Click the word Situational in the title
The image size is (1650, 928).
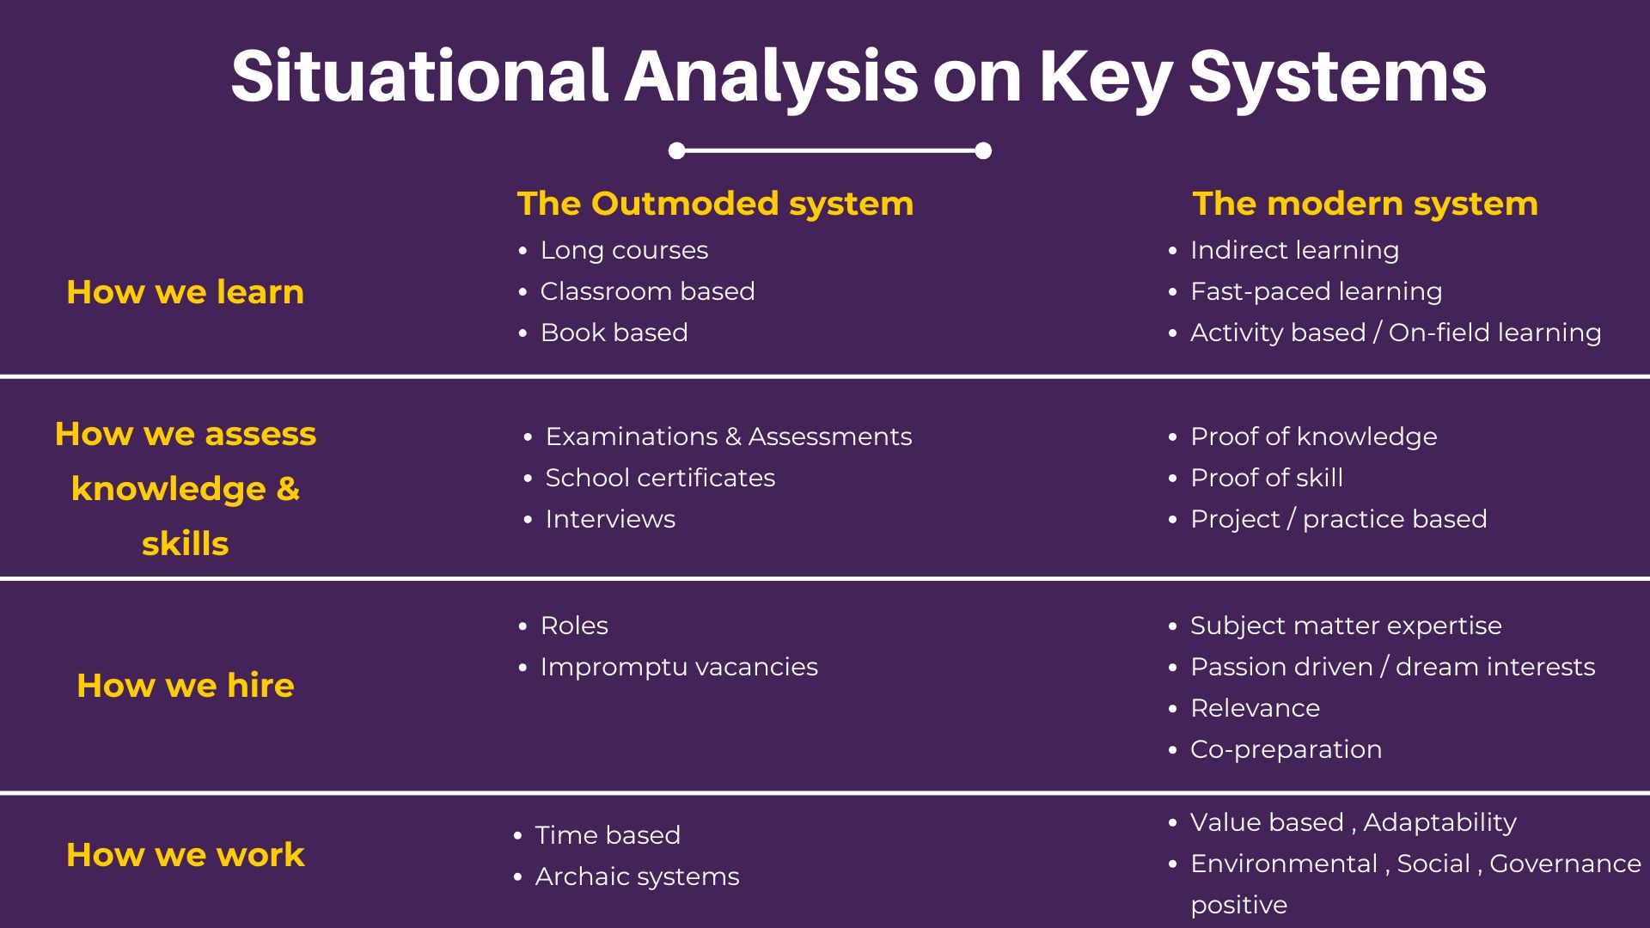(420, 76)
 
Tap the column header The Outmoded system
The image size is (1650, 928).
(715, 205)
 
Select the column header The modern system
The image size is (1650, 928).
(1365, 205)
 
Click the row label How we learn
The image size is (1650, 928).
(186, 292)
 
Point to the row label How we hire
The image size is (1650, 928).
(186, 686)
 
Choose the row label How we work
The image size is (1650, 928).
(186, 855)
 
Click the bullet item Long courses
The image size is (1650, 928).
(624, 250)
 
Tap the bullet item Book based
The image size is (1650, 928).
(614, 333)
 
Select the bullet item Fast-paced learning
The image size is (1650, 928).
(1316, 291)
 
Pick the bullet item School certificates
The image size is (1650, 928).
(660, 478)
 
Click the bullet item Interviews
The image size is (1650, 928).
(610, 519)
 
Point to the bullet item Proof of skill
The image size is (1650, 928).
(1267, 478)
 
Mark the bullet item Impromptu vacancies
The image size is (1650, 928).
(679, 667)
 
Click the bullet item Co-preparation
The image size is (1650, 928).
(1286, 749)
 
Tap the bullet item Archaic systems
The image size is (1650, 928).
(637, 876)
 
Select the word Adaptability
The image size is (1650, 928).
(1439, 822)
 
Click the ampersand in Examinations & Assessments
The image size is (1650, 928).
(733, 437)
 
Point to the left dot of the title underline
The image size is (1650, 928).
(677, 151)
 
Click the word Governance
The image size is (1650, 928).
(1565, 864)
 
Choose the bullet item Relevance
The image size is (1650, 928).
(1255, 708)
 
